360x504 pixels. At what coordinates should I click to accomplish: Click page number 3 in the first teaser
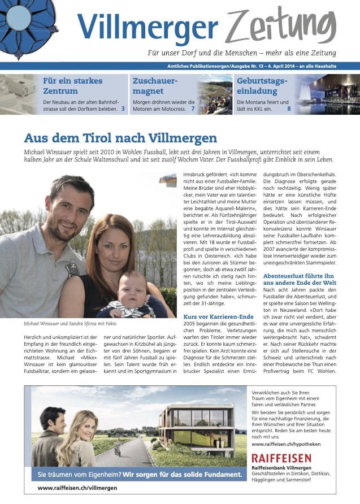pos(123,108)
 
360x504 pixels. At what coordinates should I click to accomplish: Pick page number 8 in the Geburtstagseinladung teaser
pos(289,108)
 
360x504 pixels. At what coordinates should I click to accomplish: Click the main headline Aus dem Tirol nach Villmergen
pos(120,138)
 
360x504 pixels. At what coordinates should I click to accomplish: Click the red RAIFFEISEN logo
pos(281,458)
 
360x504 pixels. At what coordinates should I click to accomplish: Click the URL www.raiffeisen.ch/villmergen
pos(77,488)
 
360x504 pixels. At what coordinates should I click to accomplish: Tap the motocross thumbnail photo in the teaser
pos(216,94)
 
